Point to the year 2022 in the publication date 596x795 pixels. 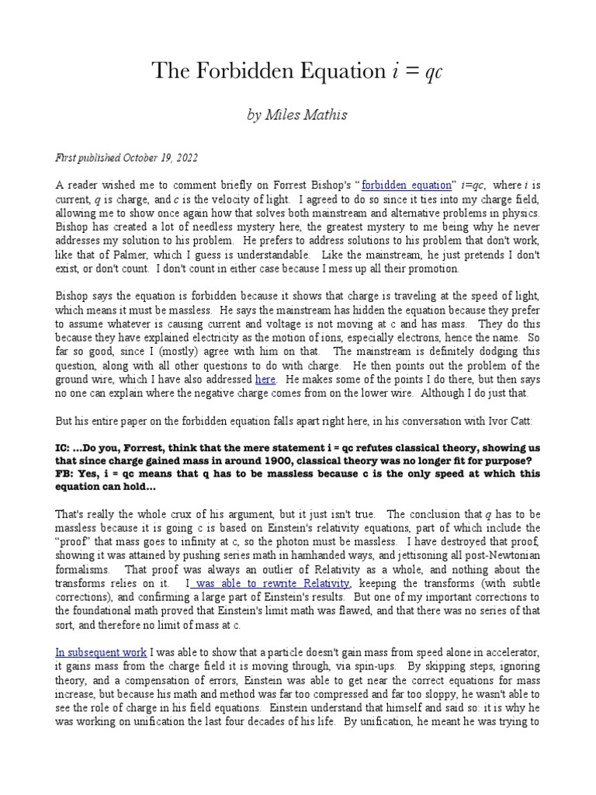point(185,158)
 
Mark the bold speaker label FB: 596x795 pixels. point(65,474)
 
